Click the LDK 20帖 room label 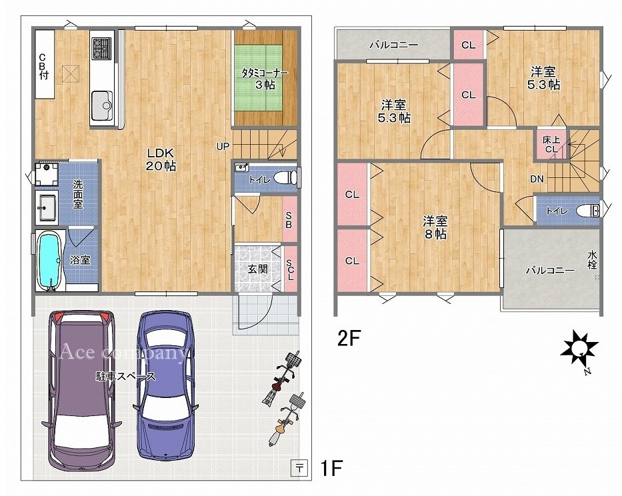pos(161,159)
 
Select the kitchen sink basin pos(102,105)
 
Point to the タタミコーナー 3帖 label pos(265,79)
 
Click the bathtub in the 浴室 pos(49,259)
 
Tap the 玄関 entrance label pos(257,269)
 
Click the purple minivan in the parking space pos(81,391)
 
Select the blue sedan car pos(166,385)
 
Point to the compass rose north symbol pos(579,349)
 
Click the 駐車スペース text pos(126,376)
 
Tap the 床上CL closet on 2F pos(551,144)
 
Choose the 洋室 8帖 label pos(435,227)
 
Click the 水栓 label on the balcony pos(592,259)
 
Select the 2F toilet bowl pos(587,210)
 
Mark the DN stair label pos(537,179)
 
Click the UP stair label pos(223,147)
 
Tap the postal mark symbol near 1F pos(299,468)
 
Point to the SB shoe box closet pos(289,220)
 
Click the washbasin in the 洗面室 pos(47,207)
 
